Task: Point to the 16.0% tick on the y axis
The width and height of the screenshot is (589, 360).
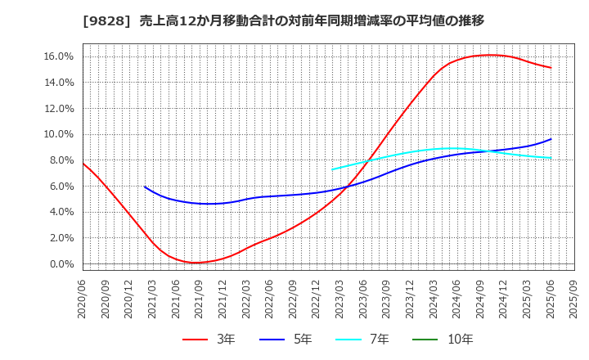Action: (58, 56)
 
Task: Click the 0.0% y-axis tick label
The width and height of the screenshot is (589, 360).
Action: (61, 264)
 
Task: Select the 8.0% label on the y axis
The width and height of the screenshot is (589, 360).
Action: (61, 160)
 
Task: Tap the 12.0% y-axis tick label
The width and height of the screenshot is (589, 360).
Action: (58, 108)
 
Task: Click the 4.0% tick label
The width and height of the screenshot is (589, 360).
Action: (61, 212)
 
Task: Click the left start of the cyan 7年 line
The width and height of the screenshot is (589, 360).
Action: (332, 169)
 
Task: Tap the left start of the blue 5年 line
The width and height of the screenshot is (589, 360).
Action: (145, 187)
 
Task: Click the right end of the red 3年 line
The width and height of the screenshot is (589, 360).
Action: (551, 68)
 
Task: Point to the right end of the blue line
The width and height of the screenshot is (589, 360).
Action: (551, 139)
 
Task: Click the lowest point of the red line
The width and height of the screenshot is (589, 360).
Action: (197, 263)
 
